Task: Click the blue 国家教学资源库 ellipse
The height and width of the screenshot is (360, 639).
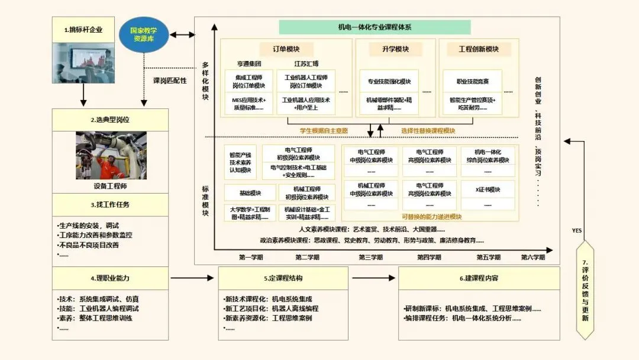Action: tap(144, 34)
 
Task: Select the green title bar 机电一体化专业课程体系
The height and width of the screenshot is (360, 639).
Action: tap(375, 27)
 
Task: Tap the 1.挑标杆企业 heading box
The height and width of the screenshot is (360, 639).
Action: tap(83, 30)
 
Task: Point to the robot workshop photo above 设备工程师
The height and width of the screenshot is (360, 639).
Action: tap(111, 155)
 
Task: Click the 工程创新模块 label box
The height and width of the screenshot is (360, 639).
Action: tap(479, 49)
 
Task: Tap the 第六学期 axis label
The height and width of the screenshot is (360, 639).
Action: tap(532, 257)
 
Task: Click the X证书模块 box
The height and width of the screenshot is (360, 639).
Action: tap(488, 189)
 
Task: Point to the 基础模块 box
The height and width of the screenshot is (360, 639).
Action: tap(250, 193)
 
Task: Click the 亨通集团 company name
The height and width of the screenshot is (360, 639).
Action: tap(249, 64)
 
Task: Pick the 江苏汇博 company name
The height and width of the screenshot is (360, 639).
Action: tap(306, 64)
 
